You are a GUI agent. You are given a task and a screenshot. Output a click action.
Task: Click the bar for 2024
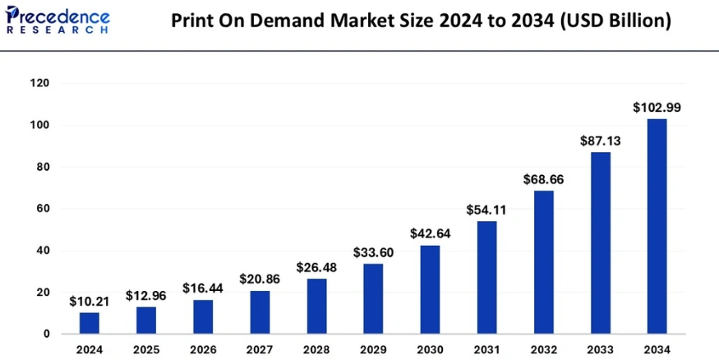click(x=90, y=323)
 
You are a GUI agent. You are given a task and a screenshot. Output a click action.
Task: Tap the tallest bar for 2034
click(x=657, y=226)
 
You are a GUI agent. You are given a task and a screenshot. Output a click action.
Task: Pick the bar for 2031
click(x=486, y=277)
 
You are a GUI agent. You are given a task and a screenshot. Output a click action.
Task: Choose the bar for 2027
click(x=260, y=312)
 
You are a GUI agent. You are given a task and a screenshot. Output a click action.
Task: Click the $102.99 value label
click(x=657, y=107)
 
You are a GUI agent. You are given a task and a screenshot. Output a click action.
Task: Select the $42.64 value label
click(x=430, y=233)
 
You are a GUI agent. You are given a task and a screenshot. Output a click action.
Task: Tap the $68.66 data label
click(x=543, y=178)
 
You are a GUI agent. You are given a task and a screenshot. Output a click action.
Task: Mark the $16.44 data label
click(x=203, y=288)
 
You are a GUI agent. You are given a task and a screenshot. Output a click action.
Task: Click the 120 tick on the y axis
click(x=39, y=84)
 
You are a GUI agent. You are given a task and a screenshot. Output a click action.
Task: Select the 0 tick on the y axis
click(x=46, y=335)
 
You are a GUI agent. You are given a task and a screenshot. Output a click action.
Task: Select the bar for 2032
click(x=543, y=262)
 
